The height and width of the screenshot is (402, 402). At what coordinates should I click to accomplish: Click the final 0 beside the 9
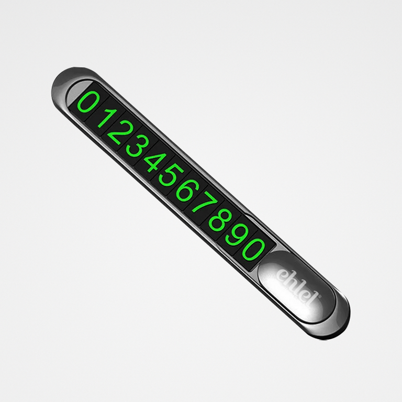coord(253,250)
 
